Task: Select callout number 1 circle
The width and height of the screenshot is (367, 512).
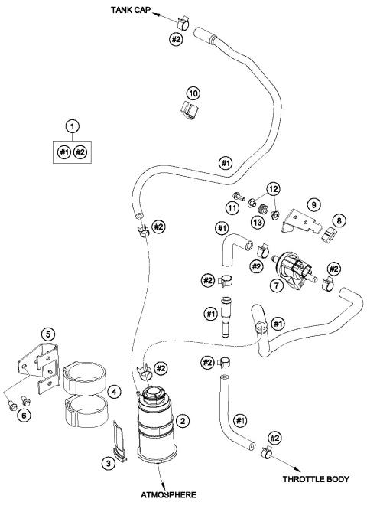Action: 73,124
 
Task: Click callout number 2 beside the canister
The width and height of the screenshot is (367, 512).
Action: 183,420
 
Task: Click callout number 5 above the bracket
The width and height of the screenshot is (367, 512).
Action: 48,334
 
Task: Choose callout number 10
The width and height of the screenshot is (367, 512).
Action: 193,93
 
